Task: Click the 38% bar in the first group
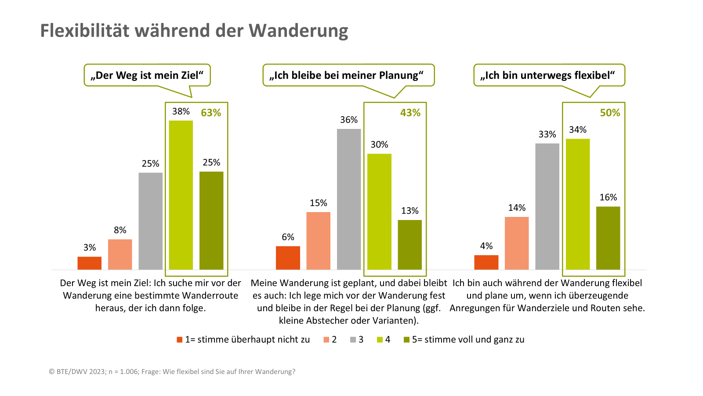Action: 181,195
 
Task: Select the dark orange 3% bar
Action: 89,263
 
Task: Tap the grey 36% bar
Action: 349,199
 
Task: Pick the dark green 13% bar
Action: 409,245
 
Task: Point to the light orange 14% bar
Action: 517,243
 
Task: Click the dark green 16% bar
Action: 608,238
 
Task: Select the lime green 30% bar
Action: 379,212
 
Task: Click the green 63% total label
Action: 211,113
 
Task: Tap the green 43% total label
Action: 410,113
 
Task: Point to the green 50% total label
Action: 610,113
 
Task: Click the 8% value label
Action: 120,230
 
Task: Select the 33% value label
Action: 547,135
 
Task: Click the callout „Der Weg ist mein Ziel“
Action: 147,75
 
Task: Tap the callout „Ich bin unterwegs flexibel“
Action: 549,75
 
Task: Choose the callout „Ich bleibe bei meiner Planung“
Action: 348,75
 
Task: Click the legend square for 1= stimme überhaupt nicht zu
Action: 179,340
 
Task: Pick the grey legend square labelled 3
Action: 353,340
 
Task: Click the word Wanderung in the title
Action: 298,31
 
